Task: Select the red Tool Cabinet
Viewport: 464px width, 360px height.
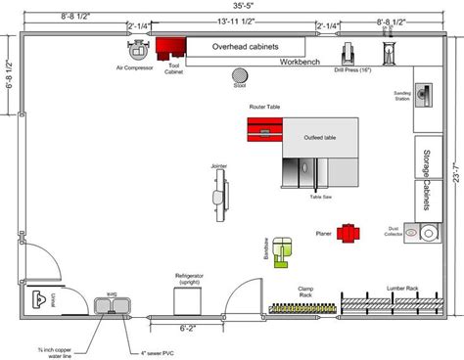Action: tap(173, 49)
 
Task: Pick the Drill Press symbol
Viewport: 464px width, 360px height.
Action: tap(348, 55)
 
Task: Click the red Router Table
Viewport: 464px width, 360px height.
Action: tap(264, 128)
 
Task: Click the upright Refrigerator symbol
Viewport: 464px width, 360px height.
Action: tap(190, 299)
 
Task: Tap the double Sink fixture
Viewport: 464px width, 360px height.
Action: tap(113, 308)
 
